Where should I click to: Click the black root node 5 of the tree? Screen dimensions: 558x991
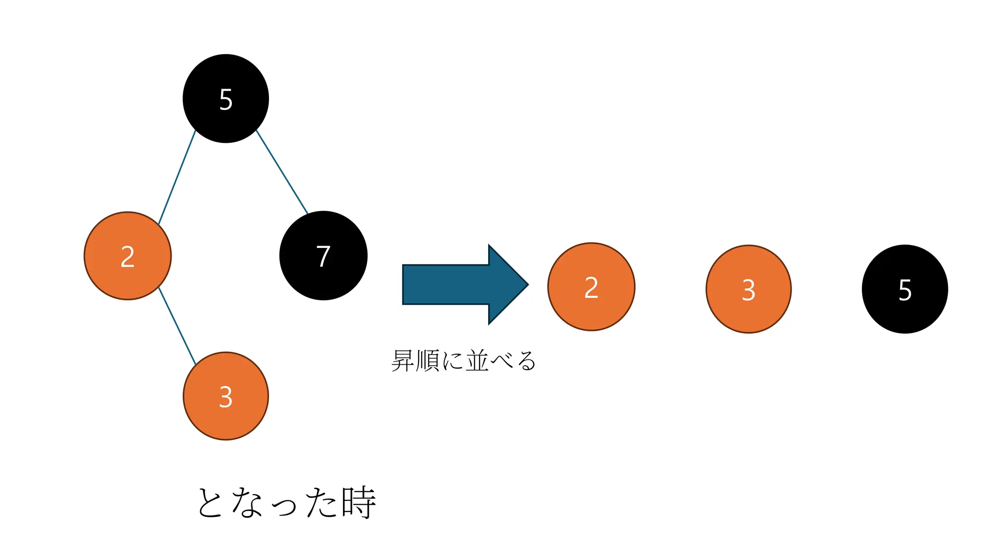[x=225, y=98]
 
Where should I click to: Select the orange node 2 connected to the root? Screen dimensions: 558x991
[x=128, y=256]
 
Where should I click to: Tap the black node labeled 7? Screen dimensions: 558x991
[x=323, y=256]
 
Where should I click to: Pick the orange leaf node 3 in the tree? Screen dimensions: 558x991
[x=225, y=396]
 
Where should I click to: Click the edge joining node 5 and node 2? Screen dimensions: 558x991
[x=177, y=177]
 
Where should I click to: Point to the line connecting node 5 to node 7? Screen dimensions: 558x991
[x=282, y=171]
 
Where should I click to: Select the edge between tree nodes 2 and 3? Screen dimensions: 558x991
[x=177, y=326]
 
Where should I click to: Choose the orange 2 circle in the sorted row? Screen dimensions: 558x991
[x=591, y=287]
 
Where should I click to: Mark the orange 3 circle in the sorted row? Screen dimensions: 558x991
[x=749, y=289]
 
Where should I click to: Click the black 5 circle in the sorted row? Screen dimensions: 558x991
[x=905, y=289]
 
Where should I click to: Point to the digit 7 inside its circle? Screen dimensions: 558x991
[x=323, y=256]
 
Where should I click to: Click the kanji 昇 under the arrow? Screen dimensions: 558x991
[x=403, y=361]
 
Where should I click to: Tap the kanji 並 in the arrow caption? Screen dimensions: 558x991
[x=477, y=361]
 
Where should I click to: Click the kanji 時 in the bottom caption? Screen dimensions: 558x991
[x=359, y=502]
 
